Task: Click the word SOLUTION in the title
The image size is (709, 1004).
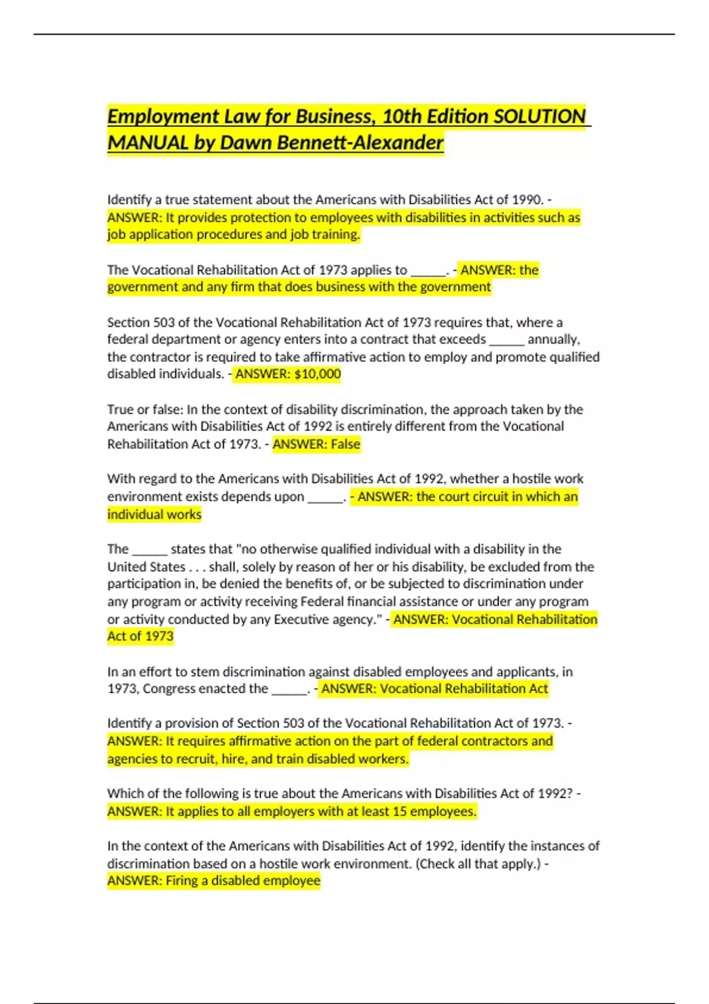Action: click(x=539, y=116)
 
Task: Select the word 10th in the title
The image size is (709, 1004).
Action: click(x=401, y=116)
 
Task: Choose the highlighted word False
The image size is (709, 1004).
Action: click(x=345, y=444)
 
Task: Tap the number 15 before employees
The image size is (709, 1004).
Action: click(x=399, y=811)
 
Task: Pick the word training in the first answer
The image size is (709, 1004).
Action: click(x=335, y=234)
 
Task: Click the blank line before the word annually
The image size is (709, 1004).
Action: click(x=506, y=340)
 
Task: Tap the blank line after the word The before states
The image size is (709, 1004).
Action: click(x=149, y=550)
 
